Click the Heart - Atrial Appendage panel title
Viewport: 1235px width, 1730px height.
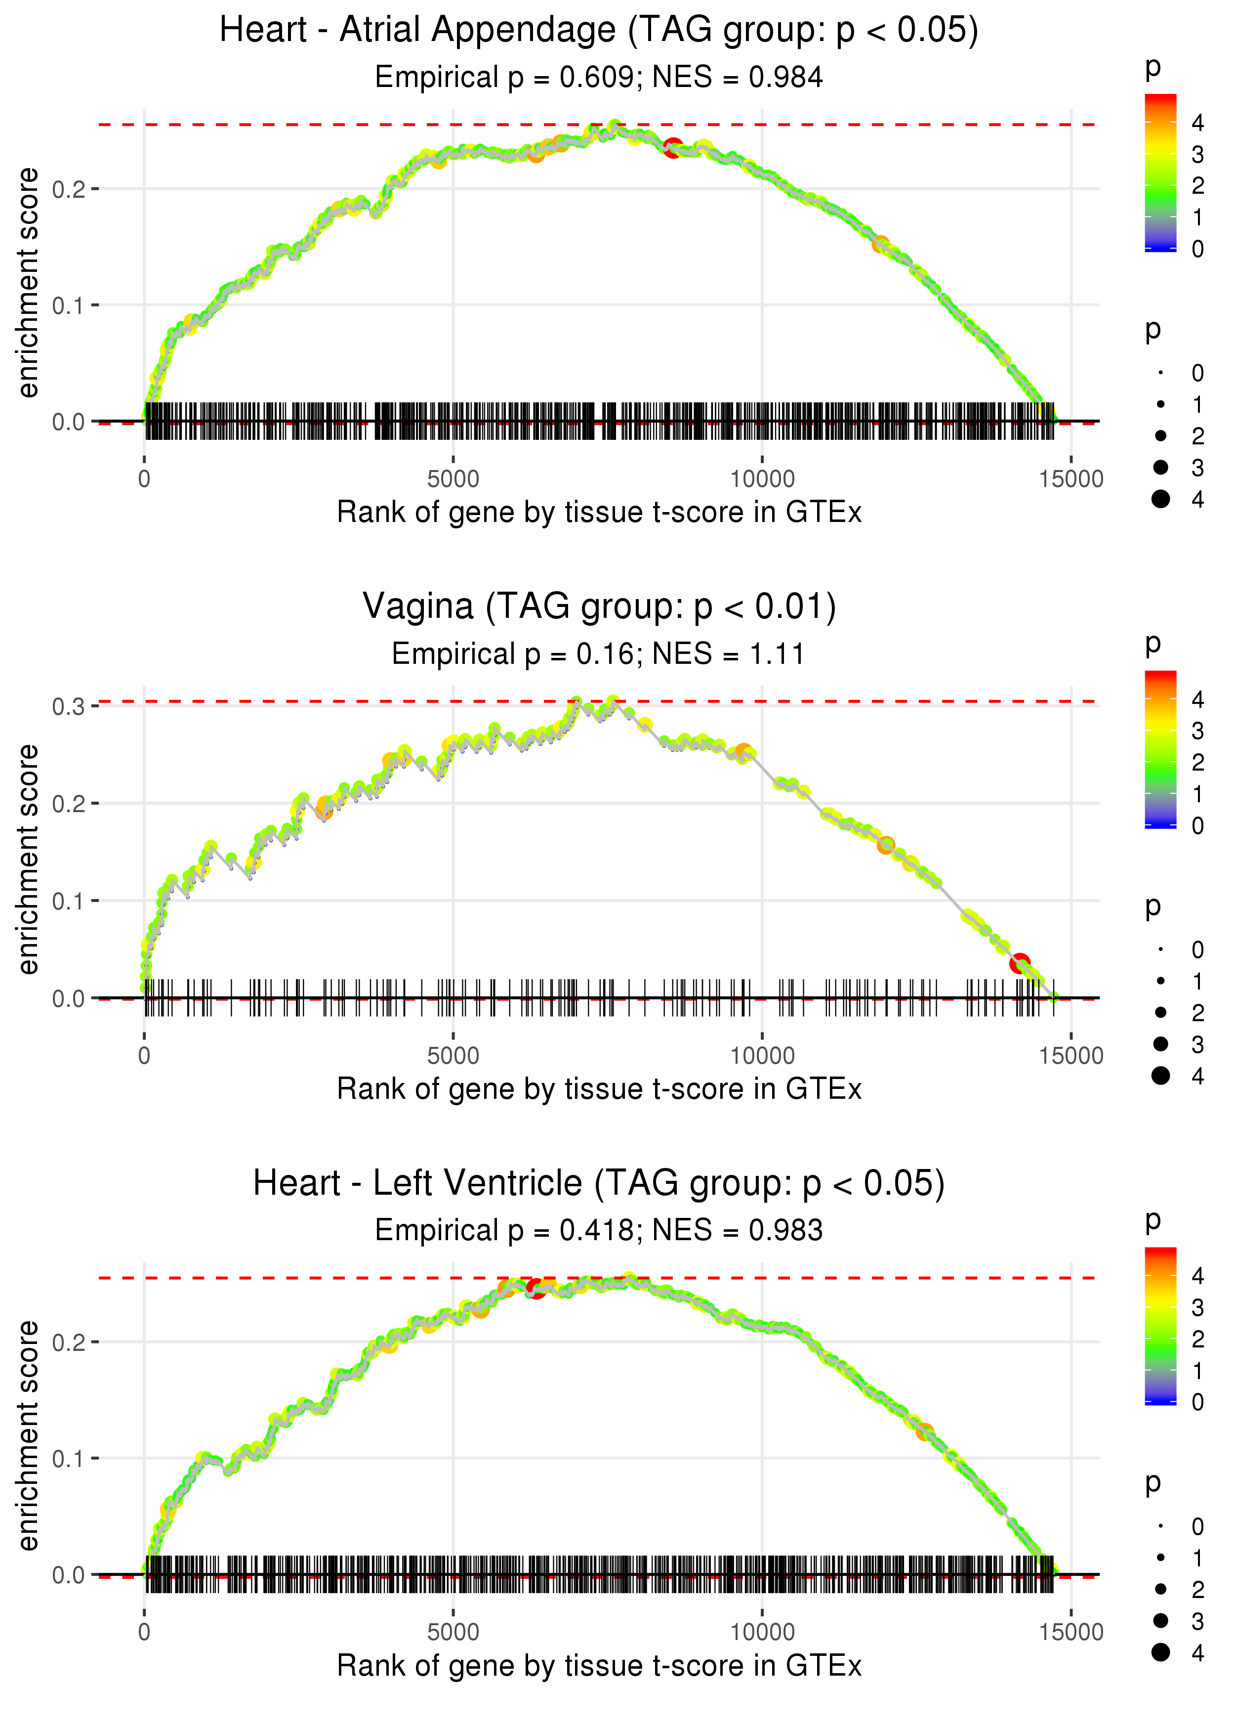[x=599, y=31]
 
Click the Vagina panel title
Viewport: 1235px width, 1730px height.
[x=599, y=607]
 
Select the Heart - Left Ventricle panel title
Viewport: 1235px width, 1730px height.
[x=599, y=1184]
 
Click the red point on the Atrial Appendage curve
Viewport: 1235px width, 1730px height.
[x=672, y=148]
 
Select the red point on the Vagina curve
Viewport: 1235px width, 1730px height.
[x=1020, y=963]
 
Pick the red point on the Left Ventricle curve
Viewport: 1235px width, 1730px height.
[x=536, y=1289]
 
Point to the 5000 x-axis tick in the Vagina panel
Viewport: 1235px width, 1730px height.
[x=453, y=1056]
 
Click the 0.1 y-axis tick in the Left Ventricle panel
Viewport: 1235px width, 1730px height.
[x=69, y=1459]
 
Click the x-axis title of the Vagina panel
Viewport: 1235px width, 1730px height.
[x=599, y=1089]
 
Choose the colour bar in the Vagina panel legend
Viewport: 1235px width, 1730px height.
[x=1160, y=749]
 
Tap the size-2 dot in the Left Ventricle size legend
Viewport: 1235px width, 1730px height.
[x=1160, y=1589]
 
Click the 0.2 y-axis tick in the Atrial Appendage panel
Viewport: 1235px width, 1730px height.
[x=69, y=189]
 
